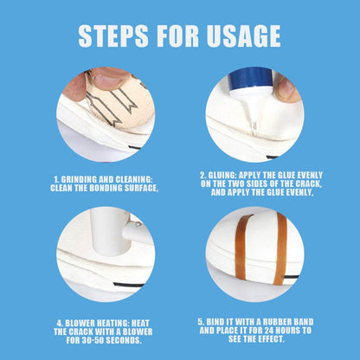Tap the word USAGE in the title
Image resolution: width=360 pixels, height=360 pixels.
245,35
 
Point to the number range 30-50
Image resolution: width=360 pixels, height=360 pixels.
77,339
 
